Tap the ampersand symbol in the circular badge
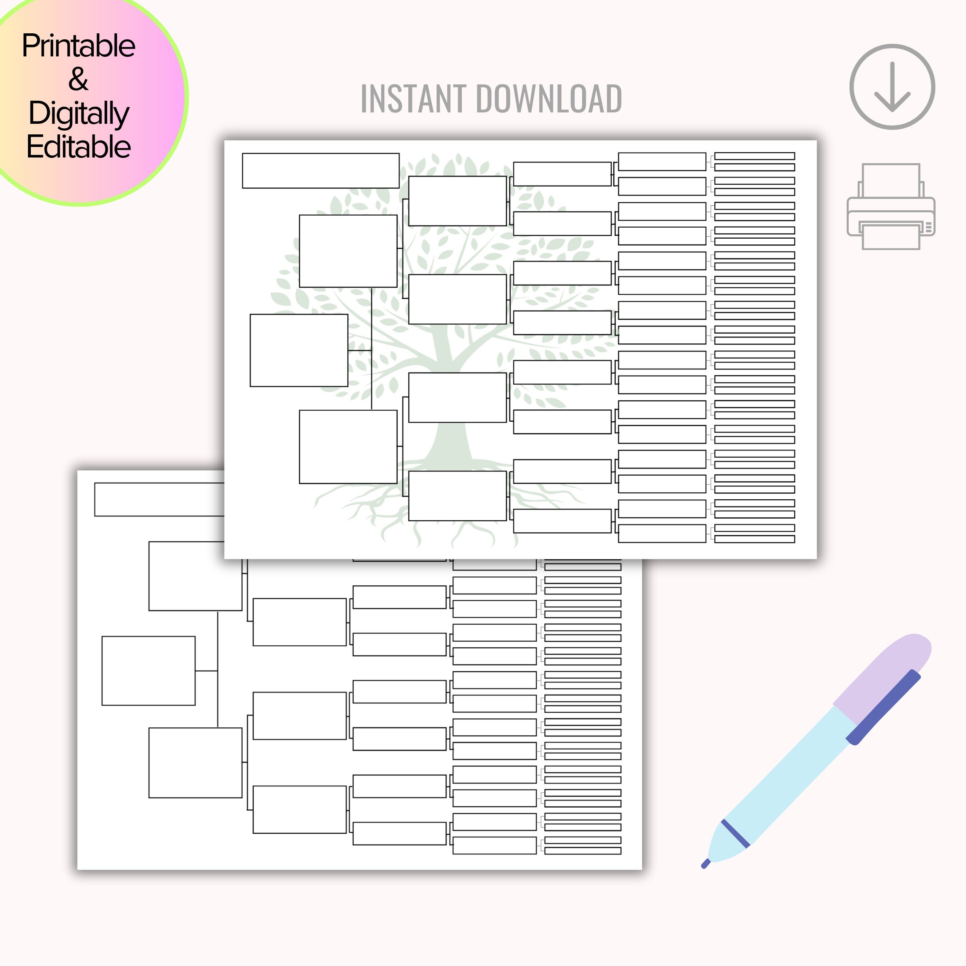point(78,79)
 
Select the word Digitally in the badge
point(78,113)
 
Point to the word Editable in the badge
point(78,147)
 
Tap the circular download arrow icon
point(892,86)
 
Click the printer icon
point(891,207)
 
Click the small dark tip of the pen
point(705,863)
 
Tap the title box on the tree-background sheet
point(321,170)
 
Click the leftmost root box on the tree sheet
point(298,350)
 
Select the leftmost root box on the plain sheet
point(148,671)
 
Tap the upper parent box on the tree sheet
point(348,251)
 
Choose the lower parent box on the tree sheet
point(348,446)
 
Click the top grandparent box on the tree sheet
point(457,201)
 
